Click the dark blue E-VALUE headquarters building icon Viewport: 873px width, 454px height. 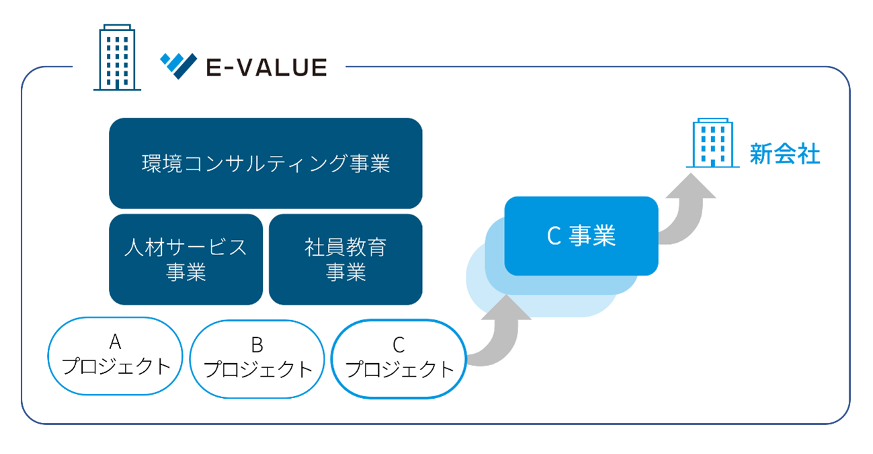[117, 57]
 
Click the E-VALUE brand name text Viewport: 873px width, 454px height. [267, 67]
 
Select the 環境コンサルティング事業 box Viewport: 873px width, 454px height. [265, 163]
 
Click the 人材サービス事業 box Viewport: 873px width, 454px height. [186, 260]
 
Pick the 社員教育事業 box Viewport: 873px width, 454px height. [345, 260]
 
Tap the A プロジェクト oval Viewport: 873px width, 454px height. [116, 356]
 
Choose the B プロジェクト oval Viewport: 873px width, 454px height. [257, 359]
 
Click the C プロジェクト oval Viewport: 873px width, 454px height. [399, 359]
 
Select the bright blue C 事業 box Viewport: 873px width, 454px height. [581, 236]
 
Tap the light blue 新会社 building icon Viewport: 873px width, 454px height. [713, 143]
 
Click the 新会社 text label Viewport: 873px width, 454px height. [785, 153]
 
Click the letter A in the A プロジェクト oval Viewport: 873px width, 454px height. [115, 342]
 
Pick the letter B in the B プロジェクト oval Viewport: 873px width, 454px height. [257, 345]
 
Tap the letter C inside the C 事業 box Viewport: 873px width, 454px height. [554, 236]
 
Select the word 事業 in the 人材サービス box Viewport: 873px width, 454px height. [186, 272]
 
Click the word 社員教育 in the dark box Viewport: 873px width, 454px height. [345, 248]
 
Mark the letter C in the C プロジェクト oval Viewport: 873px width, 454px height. [399, 345]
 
